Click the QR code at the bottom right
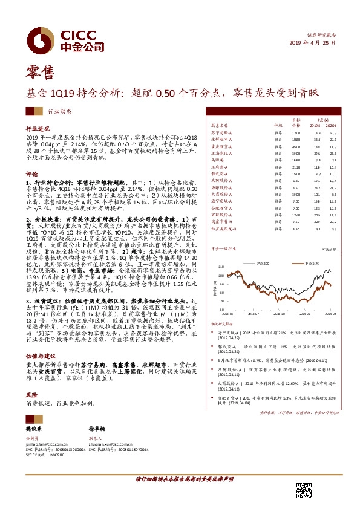point(305,490)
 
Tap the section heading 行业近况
point(37,129)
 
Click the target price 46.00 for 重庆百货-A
point(296,146)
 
